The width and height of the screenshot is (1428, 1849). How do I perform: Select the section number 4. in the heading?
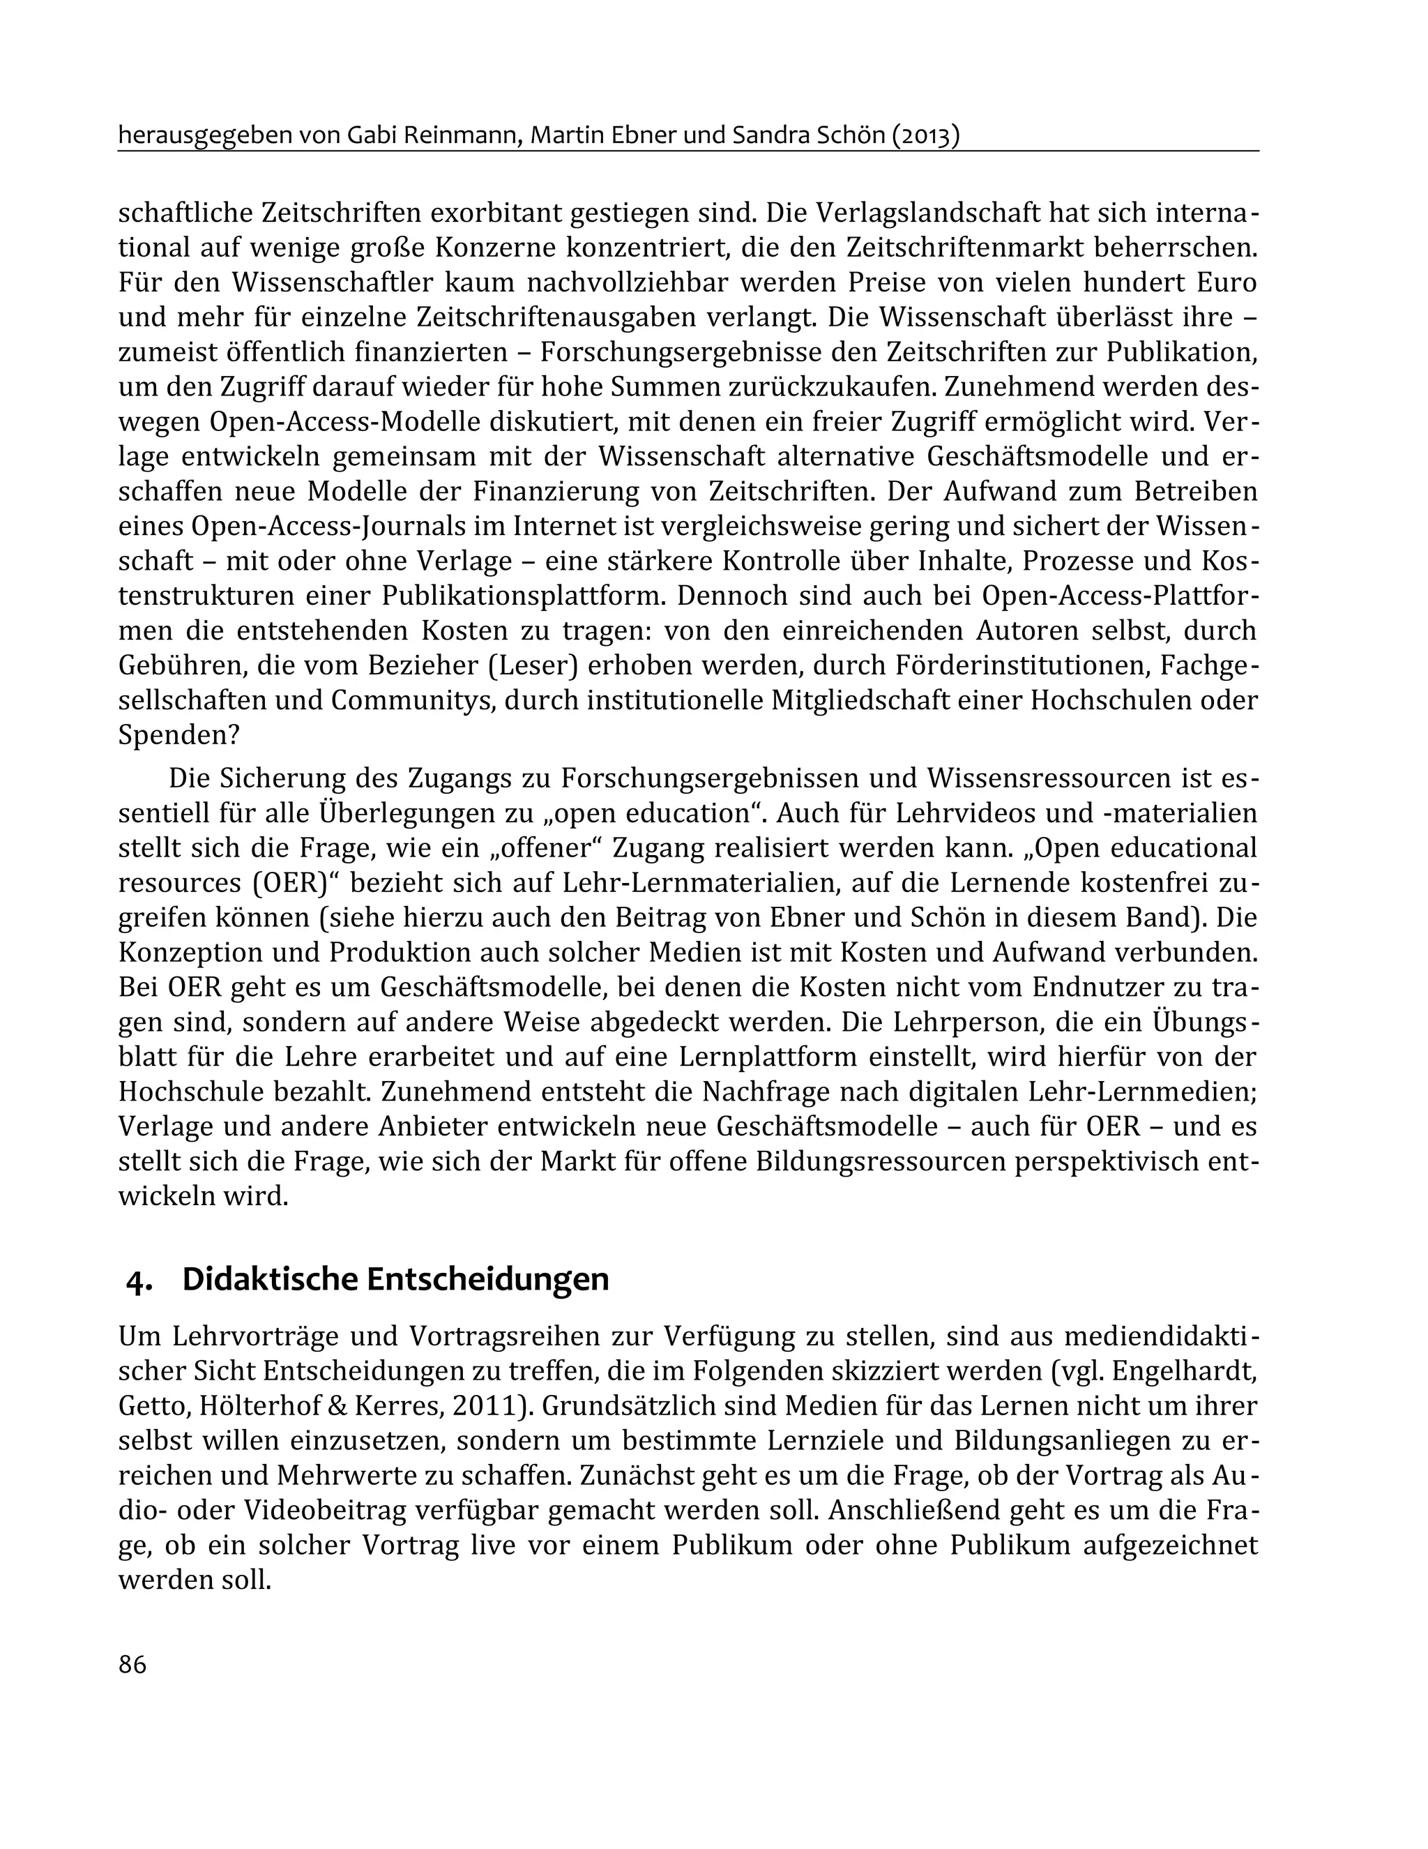pos(139,1279)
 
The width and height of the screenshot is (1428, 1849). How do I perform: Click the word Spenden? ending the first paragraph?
pos(178,735)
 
